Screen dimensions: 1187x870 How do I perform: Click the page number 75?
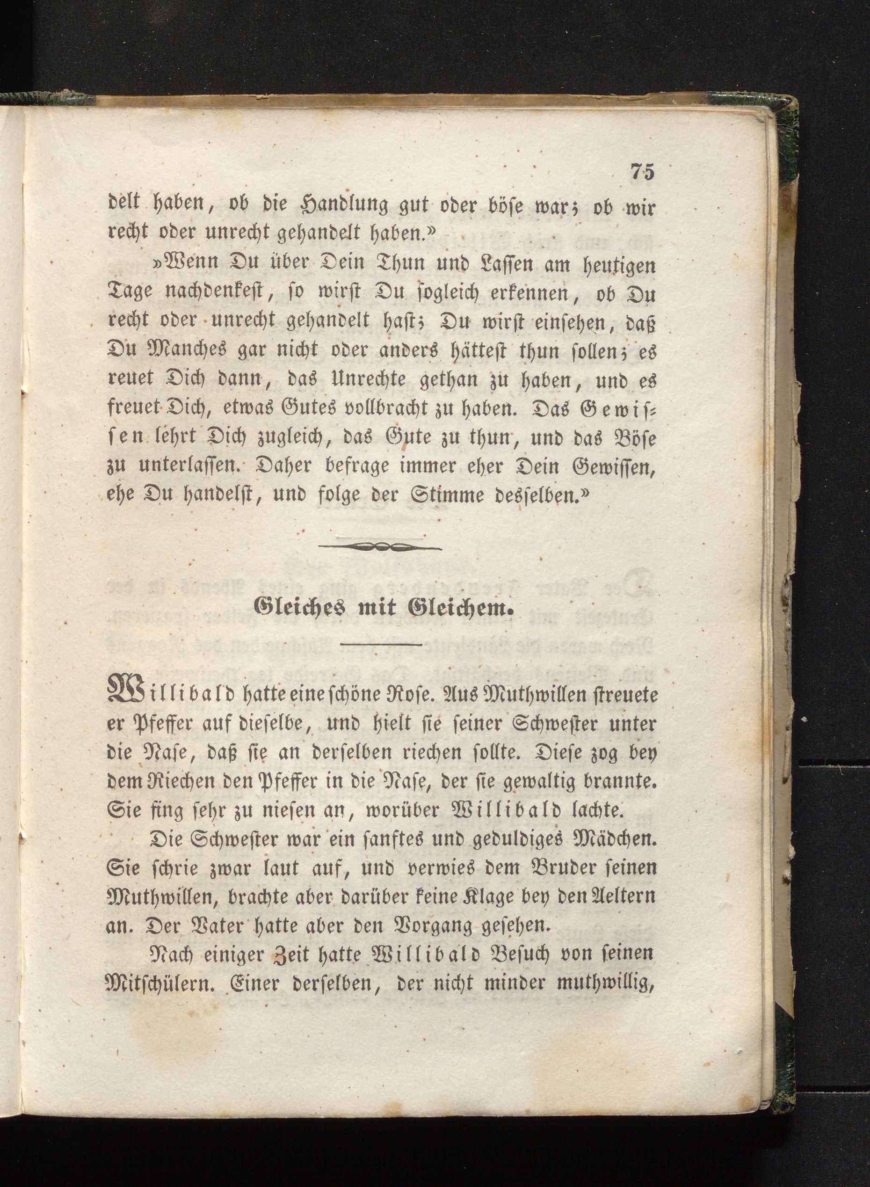[x=641, y=172]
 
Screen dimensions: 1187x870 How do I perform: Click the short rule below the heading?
[x=381, y=644]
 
